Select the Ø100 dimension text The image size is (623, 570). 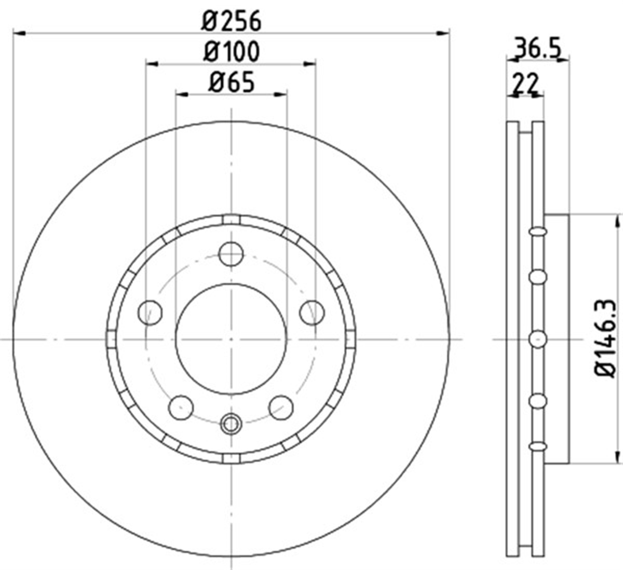coord(231,51)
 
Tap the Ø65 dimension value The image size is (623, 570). coord(232,82)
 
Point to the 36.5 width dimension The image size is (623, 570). coord(537,48)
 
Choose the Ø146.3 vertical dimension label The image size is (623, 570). coord(604,339)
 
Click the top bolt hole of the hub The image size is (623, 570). coord(231,254)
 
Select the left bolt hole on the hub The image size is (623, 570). coord(150,313)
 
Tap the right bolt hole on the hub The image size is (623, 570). coord(312,313)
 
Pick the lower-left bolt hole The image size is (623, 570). coord(181,408)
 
